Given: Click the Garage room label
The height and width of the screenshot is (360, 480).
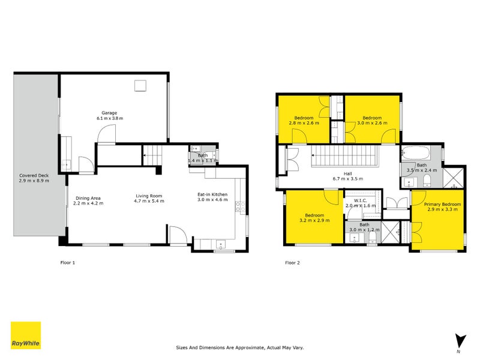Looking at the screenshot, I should click(109, 115).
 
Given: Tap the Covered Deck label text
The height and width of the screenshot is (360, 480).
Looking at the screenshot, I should click(34, 178).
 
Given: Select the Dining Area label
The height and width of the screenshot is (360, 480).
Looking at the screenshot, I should click(88, 200).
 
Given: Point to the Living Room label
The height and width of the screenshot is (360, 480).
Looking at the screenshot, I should click(149, 197).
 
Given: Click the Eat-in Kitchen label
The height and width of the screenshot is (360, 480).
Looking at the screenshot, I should click(212, 197).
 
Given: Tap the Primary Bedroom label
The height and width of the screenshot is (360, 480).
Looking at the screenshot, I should click(443, 208).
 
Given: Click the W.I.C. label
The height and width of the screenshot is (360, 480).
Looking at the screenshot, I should click(360, 202).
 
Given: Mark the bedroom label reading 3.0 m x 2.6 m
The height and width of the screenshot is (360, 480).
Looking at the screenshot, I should click(372, 121).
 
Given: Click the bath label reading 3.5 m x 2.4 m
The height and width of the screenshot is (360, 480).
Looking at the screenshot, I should click(422, 168).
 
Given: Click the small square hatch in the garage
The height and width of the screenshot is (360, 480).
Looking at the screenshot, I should click(141, 86).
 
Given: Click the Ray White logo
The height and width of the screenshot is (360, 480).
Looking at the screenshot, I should click(26, 335).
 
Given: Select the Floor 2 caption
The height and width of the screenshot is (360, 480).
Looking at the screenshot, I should click(292, 262).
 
